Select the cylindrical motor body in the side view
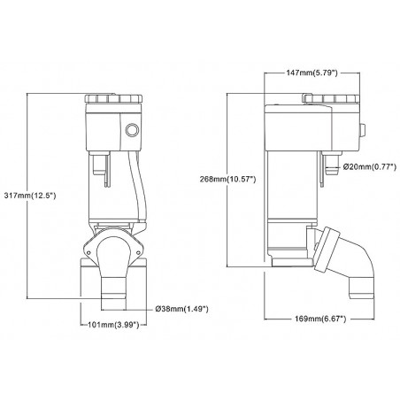292,204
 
